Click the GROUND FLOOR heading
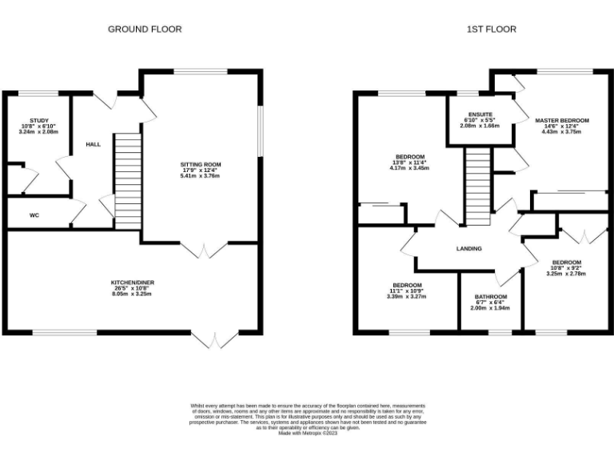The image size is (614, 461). (x=145, y=29)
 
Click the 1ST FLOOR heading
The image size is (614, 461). (x=492, y=29)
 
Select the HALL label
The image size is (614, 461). (x=94, y=145)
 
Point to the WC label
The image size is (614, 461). (x=34, y=215)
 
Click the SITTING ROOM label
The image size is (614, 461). (x=200, y=165)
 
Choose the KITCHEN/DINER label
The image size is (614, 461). (x=131, y=283)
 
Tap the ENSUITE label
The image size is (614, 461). (x=480, y=114)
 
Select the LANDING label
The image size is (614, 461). (x=469, y=249)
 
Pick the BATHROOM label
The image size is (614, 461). (x=490, y=297)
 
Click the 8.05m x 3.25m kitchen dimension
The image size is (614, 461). (x=131, y=295)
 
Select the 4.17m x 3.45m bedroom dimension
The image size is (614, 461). (x=409, y=169)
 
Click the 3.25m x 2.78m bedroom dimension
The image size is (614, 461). (x=566, y=274)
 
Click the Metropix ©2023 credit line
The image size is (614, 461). (x=308, y=432)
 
